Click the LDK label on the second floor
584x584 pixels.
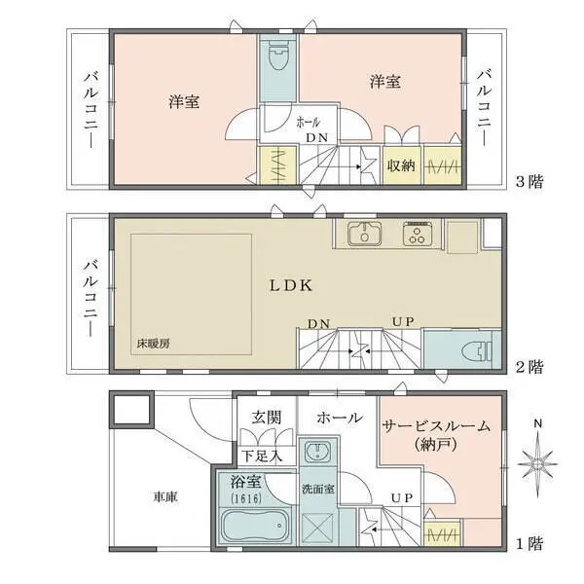pos(290,286)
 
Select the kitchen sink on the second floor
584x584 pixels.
pos(363,234)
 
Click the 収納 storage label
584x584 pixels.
pos(401,165)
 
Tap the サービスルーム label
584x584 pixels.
pos(436,426)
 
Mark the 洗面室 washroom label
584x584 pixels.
pos(317,489)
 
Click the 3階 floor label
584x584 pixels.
pos(530,181)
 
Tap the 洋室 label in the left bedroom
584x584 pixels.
pos(185,102)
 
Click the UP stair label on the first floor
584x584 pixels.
pos(399,498)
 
